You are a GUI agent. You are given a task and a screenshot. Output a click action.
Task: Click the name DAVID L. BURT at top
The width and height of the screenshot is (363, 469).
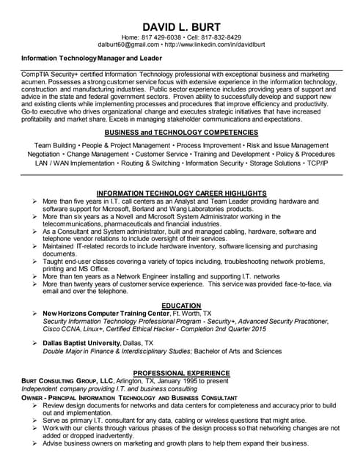(181, 24)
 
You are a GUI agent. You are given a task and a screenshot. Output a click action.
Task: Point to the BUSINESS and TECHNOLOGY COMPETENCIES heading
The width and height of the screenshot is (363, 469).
(181, 132)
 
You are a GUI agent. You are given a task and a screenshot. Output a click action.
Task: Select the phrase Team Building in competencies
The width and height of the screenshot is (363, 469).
(56, 146)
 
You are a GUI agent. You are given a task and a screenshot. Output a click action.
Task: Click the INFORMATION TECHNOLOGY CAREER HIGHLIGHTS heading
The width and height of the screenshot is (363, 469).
(181, 193)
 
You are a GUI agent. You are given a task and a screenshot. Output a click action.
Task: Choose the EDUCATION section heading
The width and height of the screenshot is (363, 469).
(181, 306)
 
